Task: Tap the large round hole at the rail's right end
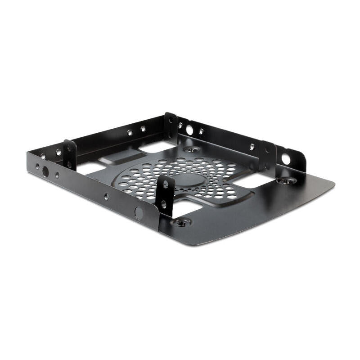[x=285, y=158]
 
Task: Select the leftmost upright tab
[x=69, y=154]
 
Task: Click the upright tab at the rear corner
[x=171, y=126]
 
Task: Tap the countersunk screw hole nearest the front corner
[x=181, y=222]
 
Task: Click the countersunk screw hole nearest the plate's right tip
[x=286, y=181]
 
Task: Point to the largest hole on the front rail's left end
[x=45, y=171]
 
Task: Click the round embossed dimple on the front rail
[x=139, y=212]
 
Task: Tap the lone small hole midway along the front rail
[x=106, y=197]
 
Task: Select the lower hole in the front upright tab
[x=163, y=203]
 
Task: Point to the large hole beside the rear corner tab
[x=189, y=130]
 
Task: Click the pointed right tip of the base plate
[x=334, y=184]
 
